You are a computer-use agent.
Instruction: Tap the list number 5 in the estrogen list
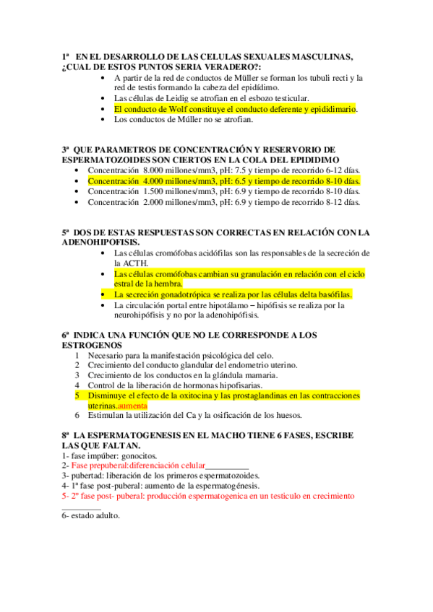[78, 396]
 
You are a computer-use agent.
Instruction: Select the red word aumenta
[132, 406]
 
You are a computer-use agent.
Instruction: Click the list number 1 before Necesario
[78, 356]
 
